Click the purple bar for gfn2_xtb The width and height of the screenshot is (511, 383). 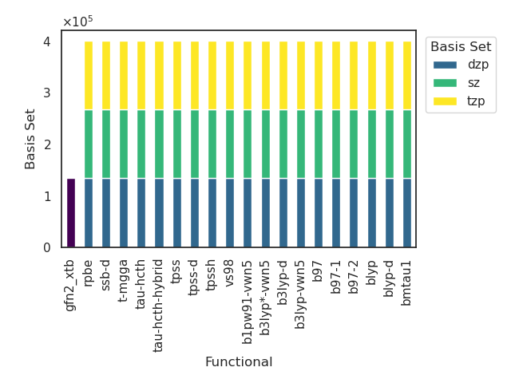71,213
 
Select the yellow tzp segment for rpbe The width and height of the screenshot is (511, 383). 89,76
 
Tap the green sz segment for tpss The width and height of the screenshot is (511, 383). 177,144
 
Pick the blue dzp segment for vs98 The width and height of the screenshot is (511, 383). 230,213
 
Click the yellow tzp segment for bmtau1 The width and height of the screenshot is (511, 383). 407,76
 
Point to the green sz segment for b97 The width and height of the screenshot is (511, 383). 319,144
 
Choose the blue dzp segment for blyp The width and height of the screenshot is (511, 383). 372,213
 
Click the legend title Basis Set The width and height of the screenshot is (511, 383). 462,46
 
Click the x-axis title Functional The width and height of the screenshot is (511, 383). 239,362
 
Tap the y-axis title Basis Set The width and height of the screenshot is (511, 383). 30,139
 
